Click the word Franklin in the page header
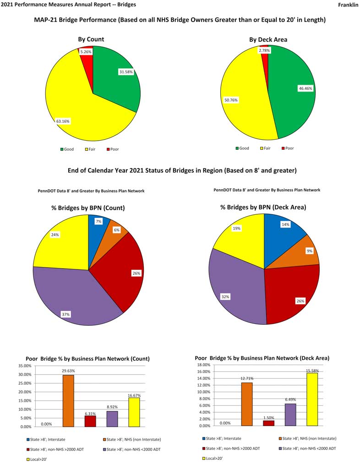tap(348, 5)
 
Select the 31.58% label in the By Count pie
tap(126, 72)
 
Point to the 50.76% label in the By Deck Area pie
tap(231, 100)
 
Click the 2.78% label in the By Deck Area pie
tap(264, 50)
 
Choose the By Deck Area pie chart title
tap(268, 40)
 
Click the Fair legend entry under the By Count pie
tap(93, 149)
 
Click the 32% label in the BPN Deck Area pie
tap(225, 297)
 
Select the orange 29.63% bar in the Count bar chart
tap(68, 401)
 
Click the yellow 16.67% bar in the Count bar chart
tap(134, 412)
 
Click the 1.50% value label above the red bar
tap(268, 417)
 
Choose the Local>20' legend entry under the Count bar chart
tap(37, 458)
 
